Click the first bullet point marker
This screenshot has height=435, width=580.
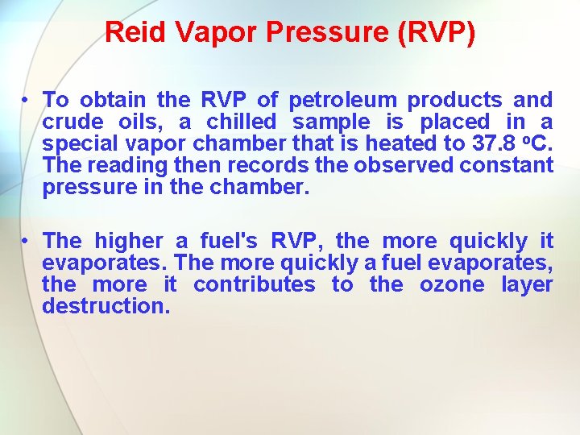point(27,100)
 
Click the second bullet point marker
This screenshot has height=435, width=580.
point(27,241)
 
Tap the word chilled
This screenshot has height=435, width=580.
point(241,122)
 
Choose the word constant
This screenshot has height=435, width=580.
point(507,165)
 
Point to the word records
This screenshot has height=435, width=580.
point(267,165)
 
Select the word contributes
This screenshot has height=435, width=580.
point(255,284)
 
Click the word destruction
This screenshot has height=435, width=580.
point(106,306)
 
